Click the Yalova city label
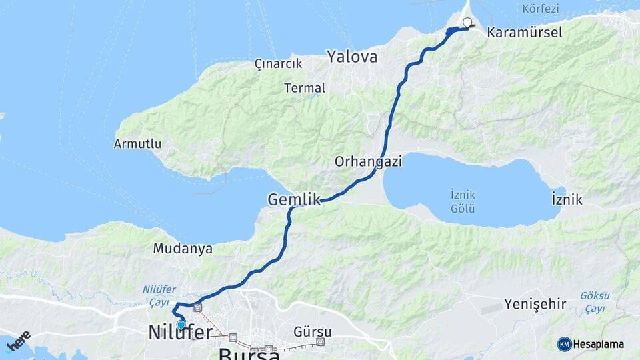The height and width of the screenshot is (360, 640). pos(352,57)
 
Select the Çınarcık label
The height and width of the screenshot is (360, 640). pos(278,64)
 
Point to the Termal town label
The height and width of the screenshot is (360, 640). pos(305,88)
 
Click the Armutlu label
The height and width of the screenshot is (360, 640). pos(137,143)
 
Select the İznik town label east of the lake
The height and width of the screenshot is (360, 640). pos(567,199)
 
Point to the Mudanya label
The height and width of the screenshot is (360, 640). pos(183,249)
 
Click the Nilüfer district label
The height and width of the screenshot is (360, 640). pos(181,333)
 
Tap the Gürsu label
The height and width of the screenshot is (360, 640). pos(312,331)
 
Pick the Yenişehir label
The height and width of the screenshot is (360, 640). pos(535,305)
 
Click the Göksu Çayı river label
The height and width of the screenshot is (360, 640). pos(591,301)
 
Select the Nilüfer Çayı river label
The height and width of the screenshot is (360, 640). pos(158,295)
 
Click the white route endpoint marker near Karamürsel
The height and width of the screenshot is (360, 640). pos(467,22)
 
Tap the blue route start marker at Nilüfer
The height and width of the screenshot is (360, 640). pos(181,325)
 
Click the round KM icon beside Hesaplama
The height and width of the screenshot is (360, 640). pos(564,344)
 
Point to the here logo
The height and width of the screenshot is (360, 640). pos(18,341)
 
